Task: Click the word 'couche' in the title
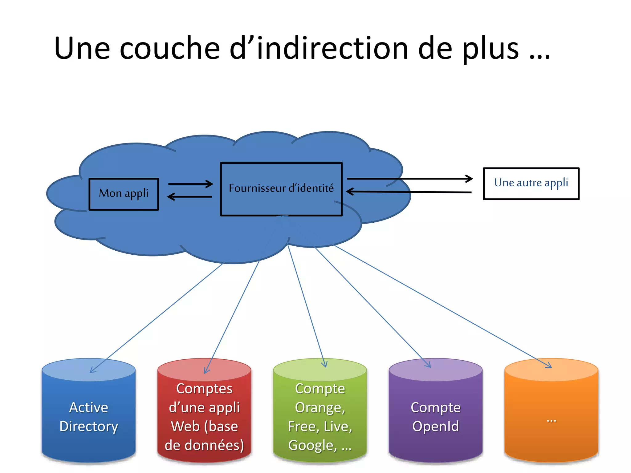pos(169,49)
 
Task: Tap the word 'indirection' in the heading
pos(333,48)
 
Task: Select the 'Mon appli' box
pos(124,194)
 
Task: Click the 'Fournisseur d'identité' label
pos(281,188)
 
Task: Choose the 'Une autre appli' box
pos(531,184)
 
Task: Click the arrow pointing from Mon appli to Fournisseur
pos(190,184)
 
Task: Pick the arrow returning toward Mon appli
pos(189,196)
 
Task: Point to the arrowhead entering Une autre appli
pos(469,179)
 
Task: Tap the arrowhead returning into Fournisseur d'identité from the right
pos(350,192)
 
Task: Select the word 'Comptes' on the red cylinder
pos(204,389)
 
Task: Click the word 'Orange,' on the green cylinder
pos(320,408)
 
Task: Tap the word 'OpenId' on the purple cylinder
pos(435,427)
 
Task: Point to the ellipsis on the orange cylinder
pos(551,420)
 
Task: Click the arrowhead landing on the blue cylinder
pos(92,371)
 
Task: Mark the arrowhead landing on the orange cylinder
pos(548,366)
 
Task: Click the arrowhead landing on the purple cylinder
pos(428,365)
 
